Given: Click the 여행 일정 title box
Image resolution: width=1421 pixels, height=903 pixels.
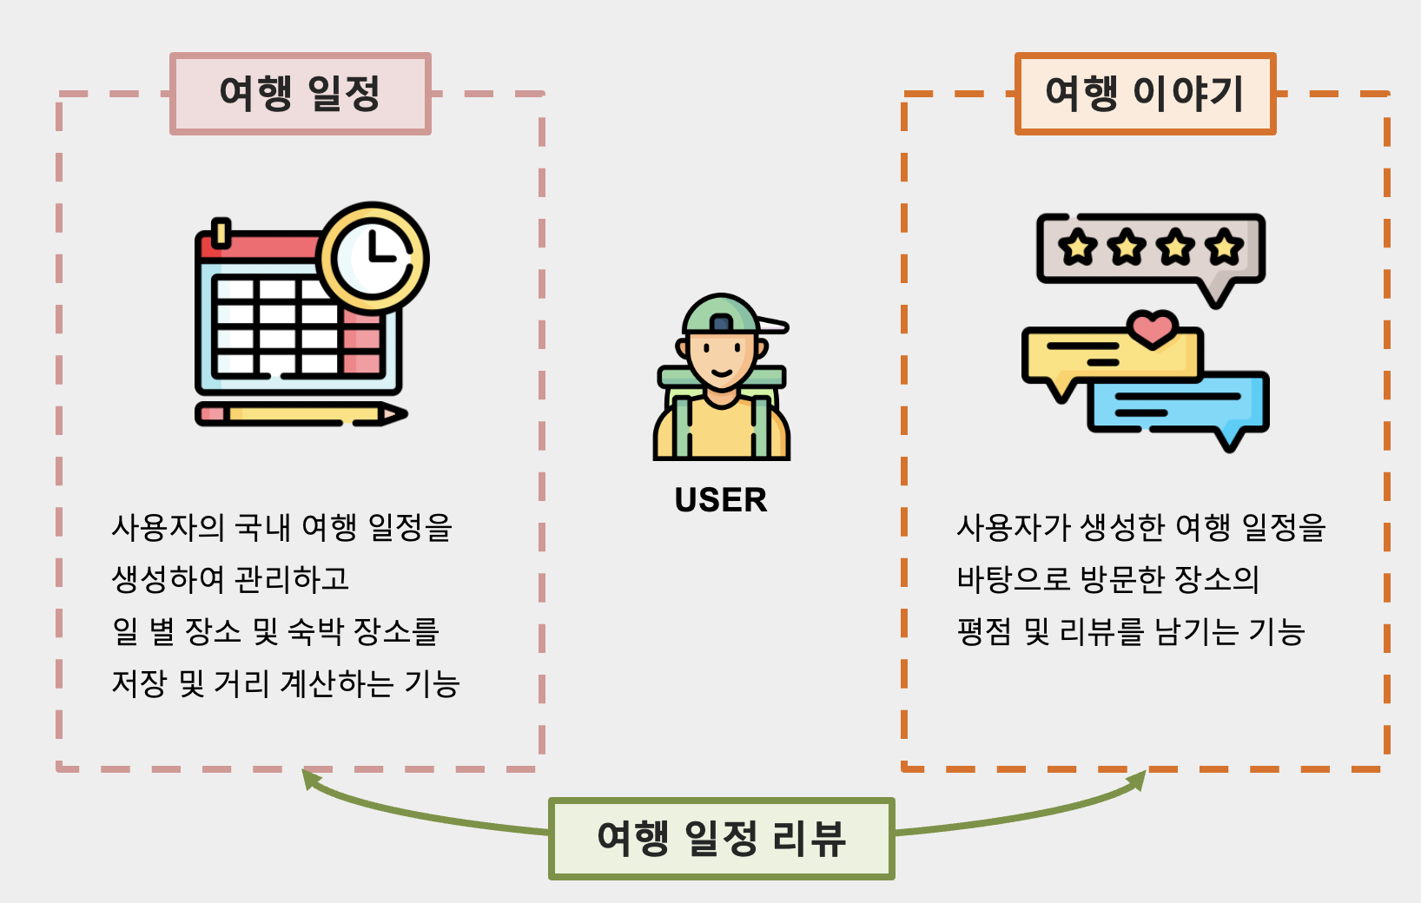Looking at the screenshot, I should click(300, 94).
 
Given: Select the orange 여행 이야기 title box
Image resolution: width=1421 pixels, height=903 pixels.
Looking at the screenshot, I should click(1145, 94).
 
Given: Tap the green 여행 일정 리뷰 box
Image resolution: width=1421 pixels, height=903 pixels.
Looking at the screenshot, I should click(721, 839).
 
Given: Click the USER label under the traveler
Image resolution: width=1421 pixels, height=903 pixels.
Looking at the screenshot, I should click(721, 500).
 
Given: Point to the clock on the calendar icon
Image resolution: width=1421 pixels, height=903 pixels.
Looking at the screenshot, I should click(374, 258).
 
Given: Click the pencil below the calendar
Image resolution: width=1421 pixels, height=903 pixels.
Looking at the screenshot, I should click(300, 414).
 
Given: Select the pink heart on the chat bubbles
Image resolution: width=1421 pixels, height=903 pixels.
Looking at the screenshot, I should click(1152, 328).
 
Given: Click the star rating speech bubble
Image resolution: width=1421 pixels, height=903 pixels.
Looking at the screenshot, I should click(1150, 249).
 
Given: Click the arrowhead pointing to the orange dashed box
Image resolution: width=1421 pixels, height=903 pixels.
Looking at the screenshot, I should click(1137, 781).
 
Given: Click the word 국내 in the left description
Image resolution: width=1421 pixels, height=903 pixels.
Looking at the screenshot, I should click(263, 527).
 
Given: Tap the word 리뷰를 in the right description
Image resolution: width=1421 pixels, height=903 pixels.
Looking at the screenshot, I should click(1101, 632).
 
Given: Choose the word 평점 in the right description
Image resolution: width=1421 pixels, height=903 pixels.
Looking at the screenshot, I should click(984, 632).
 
